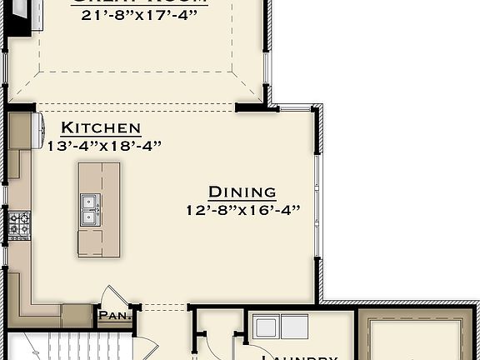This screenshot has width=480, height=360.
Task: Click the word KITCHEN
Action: point(101,127)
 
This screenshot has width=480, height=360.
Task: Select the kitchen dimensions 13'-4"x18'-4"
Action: point(103,145)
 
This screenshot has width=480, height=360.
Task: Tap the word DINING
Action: point(242,192)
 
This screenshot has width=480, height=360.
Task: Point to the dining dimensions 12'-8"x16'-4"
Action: point(242,210)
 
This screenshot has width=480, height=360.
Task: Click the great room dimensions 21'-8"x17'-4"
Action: point(139,14)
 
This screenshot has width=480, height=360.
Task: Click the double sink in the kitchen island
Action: point(89,209)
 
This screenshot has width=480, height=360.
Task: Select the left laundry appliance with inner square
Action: point(267,326)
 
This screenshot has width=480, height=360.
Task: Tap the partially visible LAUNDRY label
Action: point(299,357)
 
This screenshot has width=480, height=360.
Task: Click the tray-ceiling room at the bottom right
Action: point(417,337)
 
